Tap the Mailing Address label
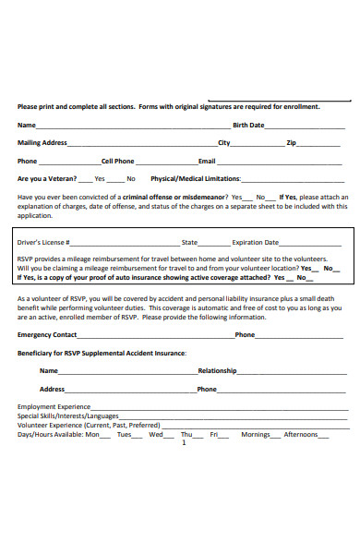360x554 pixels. click(42, 143)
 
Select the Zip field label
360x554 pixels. click(291, 143)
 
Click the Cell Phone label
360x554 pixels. click(117, 161)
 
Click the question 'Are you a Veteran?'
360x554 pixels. click(45, 178)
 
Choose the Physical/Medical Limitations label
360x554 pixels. click(196, 178)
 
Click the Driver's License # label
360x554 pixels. click(44, 242)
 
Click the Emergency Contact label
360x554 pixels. click(47, 334)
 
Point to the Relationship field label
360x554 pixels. click(217, 370)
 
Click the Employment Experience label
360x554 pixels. click(54, 406)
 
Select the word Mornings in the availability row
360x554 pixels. click(256, 434)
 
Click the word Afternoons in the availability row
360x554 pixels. click(301, 434)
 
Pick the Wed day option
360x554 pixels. click(156, 434)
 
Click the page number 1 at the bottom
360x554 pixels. click(184, 442)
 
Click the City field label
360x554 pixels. click(224, 143)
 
